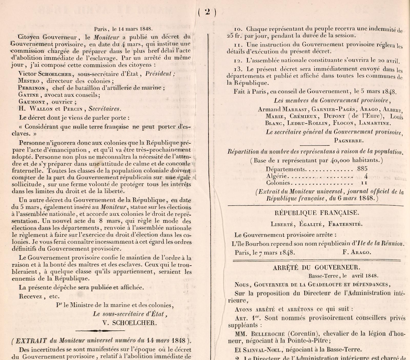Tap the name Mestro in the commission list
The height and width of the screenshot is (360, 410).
coord(29,81)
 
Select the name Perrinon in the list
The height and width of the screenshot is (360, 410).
coord(32,88)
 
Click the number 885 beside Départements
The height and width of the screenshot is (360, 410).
coord(362,169)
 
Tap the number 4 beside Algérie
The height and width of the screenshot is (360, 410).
coord(366,176)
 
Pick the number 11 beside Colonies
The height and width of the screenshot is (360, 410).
coord(364,183)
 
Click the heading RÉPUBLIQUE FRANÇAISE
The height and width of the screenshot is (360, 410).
coord(317,213)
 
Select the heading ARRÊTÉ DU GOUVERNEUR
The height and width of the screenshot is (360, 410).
coord(316,267)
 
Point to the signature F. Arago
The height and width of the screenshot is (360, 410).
coord(356,252)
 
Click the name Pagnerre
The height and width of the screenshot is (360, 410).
coord(349,141)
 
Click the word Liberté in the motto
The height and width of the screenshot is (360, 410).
coord(282,224)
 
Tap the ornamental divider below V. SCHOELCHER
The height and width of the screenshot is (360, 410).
coord(100,331)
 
